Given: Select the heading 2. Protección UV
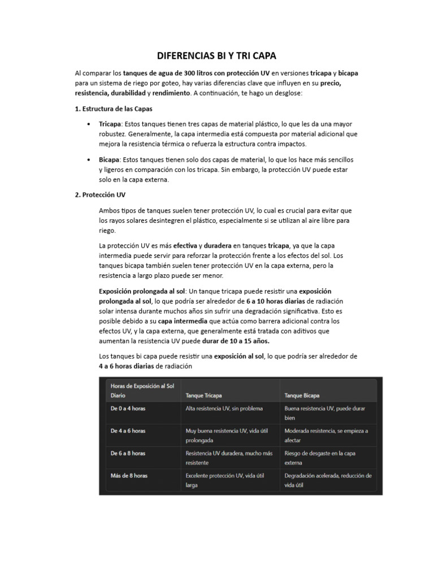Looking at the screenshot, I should pyautogui.click(x=100, y=195).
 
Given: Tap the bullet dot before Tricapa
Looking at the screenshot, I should pyautogui.click(x=90, y=124).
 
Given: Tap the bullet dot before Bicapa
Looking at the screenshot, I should pyautogui.click(x=90, y=160).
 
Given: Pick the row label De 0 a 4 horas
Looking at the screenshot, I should pyautogui.click(x=128, y=408).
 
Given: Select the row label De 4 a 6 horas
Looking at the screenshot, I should pyautogui.click(x=128, y=431).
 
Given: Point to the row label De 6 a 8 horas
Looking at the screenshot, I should pyautogui.click(x=128, y=453).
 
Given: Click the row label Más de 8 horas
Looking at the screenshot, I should pyautogui.click(x=129, y=476).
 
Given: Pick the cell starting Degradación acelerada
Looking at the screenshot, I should pyautogui.click(x=328, y=480).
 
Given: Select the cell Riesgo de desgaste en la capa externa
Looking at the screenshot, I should pyautogui.click(x=320, y=458).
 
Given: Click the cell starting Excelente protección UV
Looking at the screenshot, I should pyautogui.click(x=225, y=480).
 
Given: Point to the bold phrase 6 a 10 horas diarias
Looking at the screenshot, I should pyautogui.click(x=275, y=301).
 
